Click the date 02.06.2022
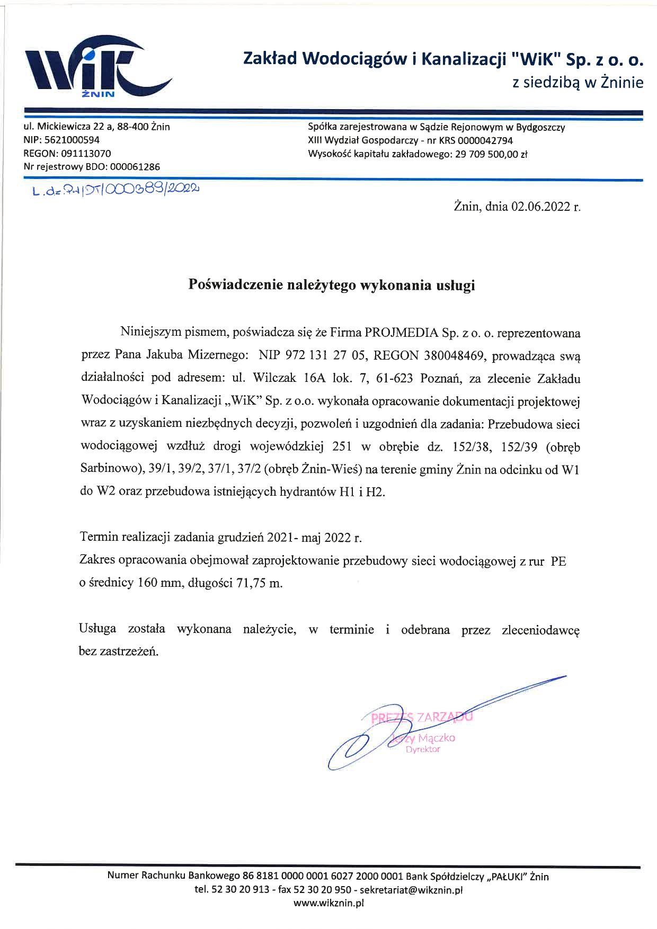(x=540, y=207)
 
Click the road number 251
(x=342, y=446)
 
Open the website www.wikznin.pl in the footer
(x=328, y=903)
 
